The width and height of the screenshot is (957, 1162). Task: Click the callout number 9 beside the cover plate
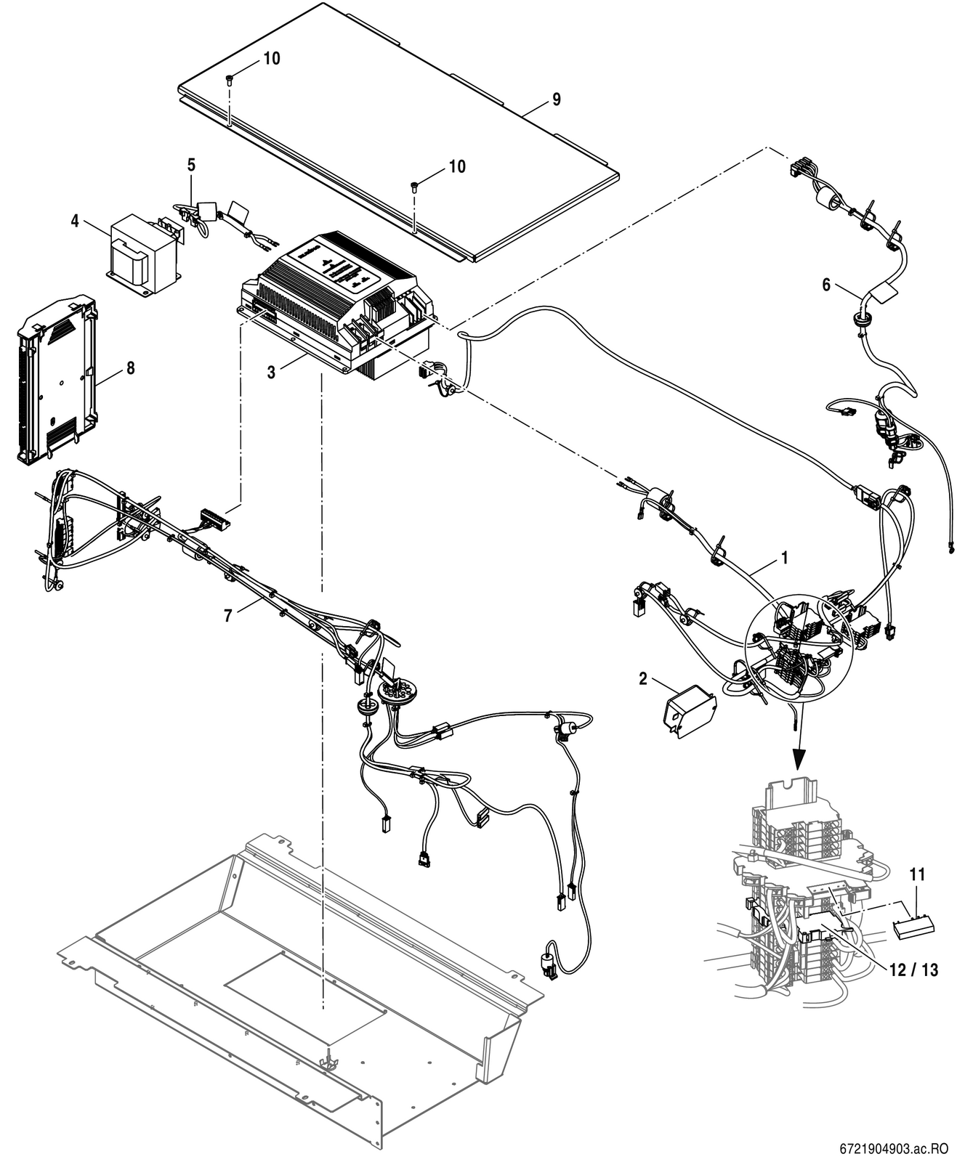(556, 99)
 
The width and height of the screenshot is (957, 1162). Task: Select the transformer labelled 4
(145, 253)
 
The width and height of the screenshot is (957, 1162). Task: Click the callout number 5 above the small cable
(191, 165)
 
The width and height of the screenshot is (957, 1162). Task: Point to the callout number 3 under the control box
(271, 373)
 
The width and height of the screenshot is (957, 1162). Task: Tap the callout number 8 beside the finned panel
(130, 368)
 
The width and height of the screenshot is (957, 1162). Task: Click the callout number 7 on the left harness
(227, 615)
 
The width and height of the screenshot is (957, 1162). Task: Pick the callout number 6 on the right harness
(826, 285)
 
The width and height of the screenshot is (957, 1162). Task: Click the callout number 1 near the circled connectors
(784, 557)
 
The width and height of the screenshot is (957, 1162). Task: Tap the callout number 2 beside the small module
(642, 678)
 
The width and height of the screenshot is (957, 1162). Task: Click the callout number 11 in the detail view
(918, 874)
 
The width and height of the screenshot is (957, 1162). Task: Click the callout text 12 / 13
(913, 970)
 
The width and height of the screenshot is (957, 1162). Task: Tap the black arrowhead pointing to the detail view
(799, 759)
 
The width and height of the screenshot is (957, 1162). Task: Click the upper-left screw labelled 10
(230, 78)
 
